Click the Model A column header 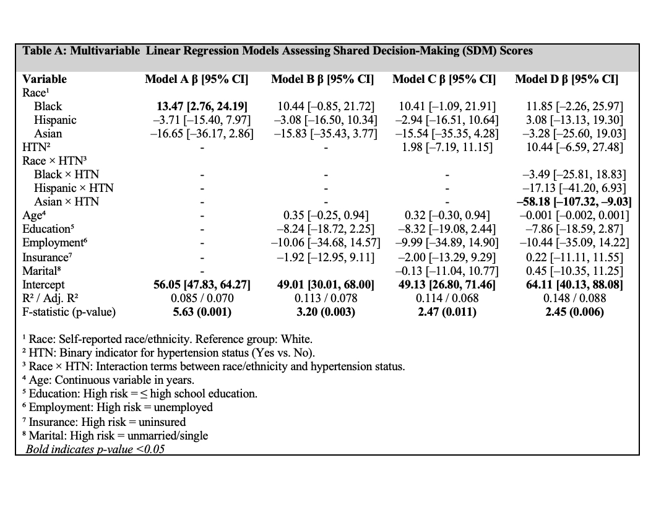tap(196, 79)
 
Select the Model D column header tap(567, 79)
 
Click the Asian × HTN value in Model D tap(573, 202)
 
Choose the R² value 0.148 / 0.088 tap(575, 298)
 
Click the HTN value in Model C tap(447, 147)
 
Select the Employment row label tap(53, 243)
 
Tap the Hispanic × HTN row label tap(74, 188)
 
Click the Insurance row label tap(46, 257)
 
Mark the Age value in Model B tap(326, 215)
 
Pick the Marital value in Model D tap(575, 271)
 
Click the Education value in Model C tap(447, 229)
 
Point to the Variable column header tap(45, 79)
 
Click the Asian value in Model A tap(202, 134)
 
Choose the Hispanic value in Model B tap(324, 120)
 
